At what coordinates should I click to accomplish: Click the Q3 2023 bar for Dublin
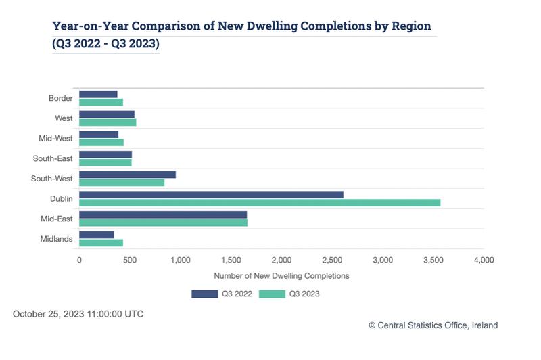click(x=260, y=202)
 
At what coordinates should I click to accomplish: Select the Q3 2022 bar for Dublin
click(x=211, y=194)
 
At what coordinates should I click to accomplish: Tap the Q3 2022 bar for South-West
click(x=127, y=175)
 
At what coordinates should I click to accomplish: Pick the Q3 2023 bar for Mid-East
click(x=163, y=223)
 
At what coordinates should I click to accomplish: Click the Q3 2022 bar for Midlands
click(x=97, y=235)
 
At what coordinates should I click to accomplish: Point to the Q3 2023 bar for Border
click(x=101, y=102)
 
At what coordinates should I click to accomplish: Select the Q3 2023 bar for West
click(x=108, y=122)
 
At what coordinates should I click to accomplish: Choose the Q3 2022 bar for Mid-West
click(x=99, y=135)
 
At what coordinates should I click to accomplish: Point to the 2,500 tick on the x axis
click(x=332, y=260)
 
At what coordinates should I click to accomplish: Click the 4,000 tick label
click(x=484, y=260)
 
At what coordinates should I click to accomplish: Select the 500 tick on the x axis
click(x=130, y=260)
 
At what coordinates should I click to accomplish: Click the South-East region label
click(x=53, y=159)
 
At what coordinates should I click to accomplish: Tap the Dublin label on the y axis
click(x=60, y=199)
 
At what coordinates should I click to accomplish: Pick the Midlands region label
click(x=56, y=239)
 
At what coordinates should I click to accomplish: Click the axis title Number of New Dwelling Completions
click(x=281, y=276)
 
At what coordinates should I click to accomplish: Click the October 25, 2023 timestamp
click(x=78, y=314)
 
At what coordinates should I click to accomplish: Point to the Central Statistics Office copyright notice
click(x=433, y=325)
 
